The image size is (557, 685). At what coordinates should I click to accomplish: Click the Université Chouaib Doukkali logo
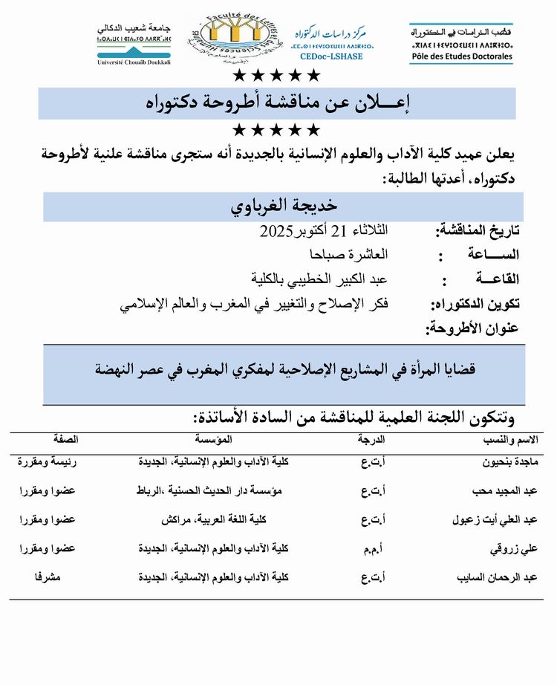tap(133, 45)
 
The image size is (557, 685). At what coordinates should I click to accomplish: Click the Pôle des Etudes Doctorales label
tap(461, 56)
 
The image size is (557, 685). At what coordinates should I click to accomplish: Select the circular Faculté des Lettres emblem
tap(235, 34)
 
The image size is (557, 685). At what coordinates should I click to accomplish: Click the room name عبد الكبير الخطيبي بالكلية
tap(317, 279)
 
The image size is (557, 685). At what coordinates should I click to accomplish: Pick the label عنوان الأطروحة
tap(472, 328)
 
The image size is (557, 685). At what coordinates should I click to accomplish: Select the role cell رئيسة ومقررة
tap(47, 462)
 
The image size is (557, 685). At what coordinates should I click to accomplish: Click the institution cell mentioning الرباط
tap(215, 491)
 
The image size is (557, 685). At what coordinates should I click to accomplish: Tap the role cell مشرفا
tap(47, 577)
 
